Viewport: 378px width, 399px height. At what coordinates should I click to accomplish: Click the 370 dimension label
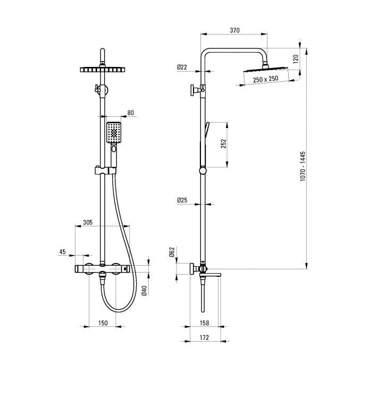coord(234,30)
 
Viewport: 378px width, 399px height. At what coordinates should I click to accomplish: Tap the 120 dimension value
coord(296,59)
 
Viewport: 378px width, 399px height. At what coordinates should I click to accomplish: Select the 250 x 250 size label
coord(266,79)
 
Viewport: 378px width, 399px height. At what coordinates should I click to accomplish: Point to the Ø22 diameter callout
coord(182,67)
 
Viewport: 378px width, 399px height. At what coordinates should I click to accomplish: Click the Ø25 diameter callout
coord(182,200)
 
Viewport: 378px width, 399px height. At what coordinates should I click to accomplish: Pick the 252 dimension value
coord(223,144)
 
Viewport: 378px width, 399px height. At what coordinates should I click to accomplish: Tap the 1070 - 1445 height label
coord(303,166)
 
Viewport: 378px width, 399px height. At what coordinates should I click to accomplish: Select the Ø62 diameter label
coord(172,252)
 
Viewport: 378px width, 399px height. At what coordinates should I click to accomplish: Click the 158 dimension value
coord(204,323)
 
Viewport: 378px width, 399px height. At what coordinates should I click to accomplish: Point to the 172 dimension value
coord(204,338)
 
